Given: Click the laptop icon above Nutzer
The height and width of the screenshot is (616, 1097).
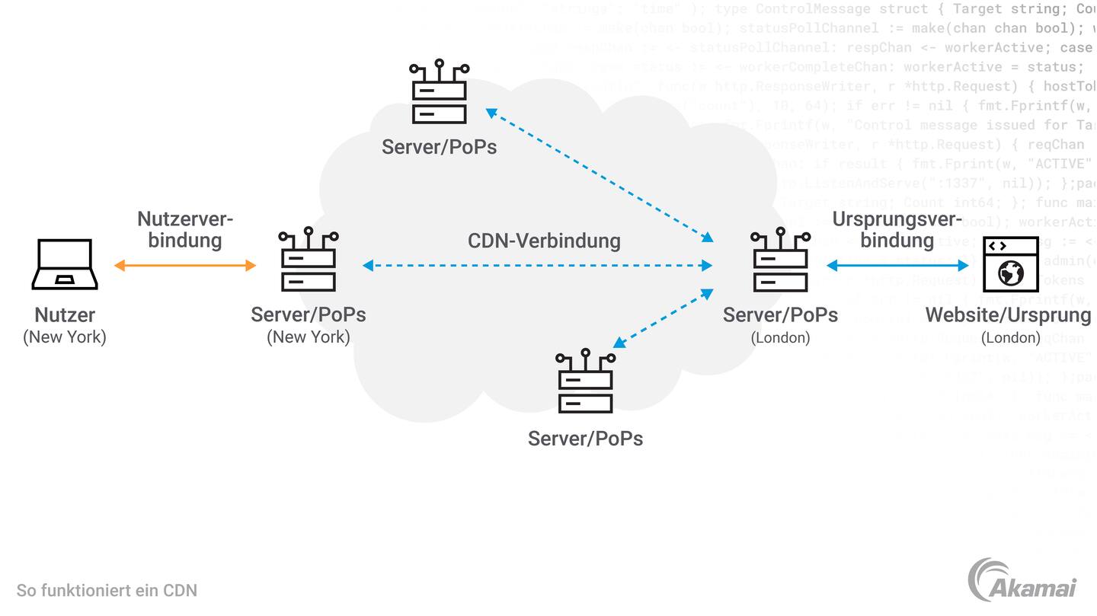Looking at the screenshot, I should (x=65, y=264).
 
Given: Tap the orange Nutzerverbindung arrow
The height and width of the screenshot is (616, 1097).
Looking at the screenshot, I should (x=185, y=266).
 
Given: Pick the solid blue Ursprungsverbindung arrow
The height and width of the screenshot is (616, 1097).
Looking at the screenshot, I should (x=897, y=266).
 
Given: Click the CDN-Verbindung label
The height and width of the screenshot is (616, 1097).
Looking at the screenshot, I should (x=544, y=241).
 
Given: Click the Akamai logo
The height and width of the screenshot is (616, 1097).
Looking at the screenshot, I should (x=1022, y=581).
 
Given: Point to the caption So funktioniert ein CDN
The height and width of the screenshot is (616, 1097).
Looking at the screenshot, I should (x=107, y=590).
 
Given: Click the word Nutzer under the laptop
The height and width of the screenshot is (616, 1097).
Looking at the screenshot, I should (x=65, y=314).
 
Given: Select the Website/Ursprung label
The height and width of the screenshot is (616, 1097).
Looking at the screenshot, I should (x=1008, y=314).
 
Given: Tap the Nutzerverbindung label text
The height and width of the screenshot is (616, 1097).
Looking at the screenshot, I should (x=185, y=230).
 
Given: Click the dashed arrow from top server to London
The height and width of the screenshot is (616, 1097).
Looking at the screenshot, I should (x=600, y=175).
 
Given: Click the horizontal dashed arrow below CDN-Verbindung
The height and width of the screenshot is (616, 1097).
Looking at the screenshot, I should (x=537, y=266).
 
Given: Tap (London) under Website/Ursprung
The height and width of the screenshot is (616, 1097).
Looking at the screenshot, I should (x=1010, y=337).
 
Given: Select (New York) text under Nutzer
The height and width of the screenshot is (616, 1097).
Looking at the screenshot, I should (x=65, y=337).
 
